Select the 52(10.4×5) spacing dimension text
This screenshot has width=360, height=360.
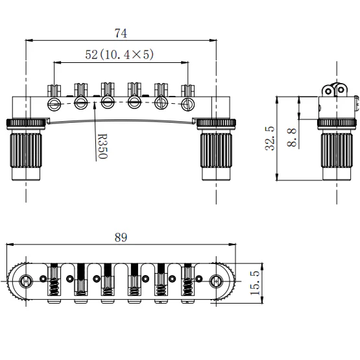(x=119, y=55)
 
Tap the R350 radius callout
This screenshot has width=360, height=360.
(x=102, y=147)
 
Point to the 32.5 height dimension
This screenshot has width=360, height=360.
(x=269, y=138)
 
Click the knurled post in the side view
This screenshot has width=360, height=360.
(x=335, y=152)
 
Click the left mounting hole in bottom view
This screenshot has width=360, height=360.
(x=27, y=282)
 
